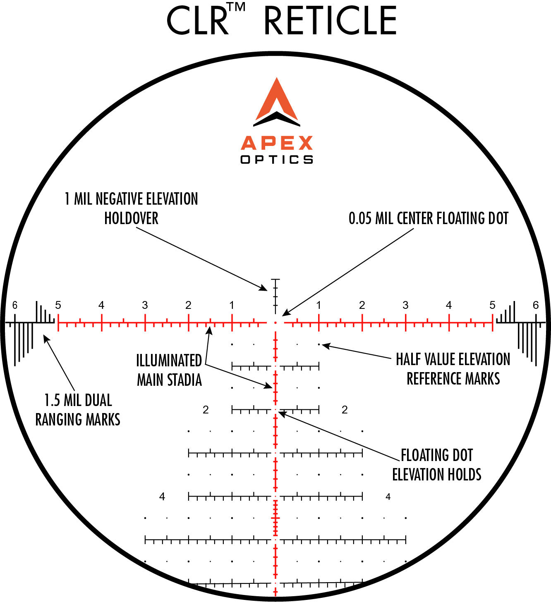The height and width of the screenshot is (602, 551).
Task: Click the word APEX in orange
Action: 276,143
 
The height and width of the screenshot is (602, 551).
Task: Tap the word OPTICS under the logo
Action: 276,160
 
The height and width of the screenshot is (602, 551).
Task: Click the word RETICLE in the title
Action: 330,21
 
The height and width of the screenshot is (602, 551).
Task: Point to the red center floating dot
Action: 275,322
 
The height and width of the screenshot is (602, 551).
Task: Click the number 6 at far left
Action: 15,306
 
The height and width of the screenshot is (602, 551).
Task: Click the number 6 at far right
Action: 536,306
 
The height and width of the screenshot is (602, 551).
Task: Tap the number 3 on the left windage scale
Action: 145,306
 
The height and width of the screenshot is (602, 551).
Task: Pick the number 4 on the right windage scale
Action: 449,306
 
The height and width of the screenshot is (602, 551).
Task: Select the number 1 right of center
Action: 319,306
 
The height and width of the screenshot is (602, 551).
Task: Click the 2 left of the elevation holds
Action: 206,410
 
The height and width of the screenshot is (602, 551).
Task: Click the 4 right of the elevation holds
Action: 388,497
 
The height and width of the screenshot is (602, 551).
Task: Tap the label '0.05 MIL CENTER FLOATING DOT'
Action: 428,218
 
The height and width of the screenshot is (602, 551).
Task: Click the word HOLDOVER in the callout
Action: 131,218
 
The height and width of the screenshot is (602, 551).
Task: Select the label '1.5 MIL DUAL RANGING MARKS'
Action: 78,410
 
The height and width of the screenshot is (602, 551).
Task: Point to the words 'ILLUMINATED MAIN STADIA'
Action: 169,370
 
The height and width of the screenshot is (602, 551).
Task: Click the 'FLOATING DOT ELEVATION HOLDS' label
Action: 437,465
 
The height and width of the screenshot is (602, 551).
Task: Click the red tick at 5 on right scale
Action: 492,322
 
